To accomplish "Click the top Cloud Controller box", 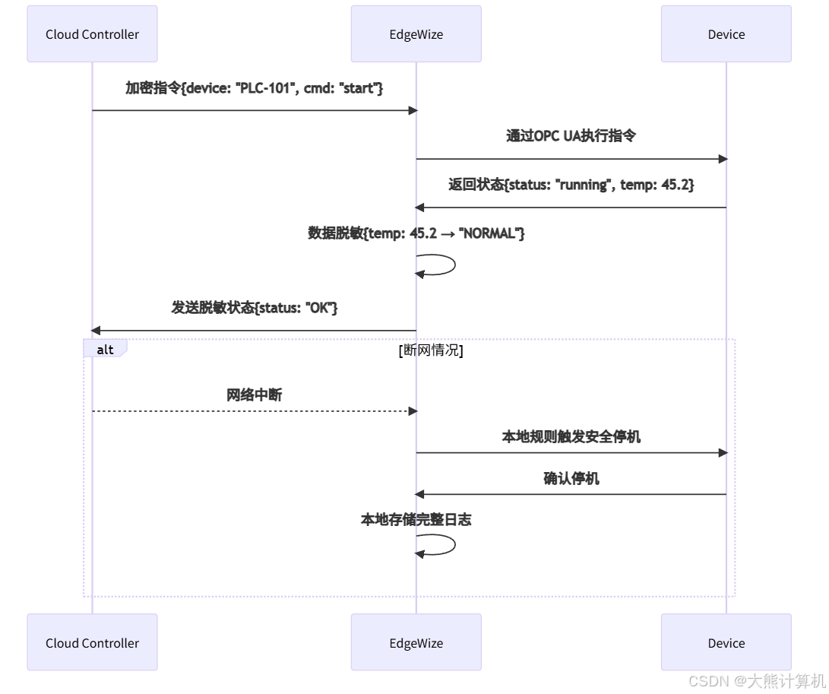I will point(92,34).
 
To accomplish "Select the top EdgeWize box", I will point(416,34).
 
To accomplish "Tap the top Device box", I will point(726,34).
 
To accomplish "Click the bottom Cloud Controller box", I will point(92,642).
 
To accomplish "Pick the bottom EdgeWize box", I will point(416,642).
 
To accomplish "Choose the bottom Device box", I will point(726,642).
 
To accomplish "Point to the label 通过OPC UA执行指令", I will point(571,136).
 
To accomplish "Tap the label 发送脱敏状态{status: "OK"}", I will point(254,308).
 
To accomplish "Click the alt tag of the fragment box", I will point(105,349).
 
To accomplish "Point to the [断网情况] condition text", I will point(431,350).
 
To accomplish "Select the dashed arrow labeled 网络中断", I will point(254,411).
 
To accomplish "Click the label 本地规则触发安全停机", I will point(571,437).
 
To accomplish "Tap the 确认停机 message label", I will point(571,478).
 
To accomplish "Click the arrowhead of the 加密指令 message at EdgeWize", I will point(413,110).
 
